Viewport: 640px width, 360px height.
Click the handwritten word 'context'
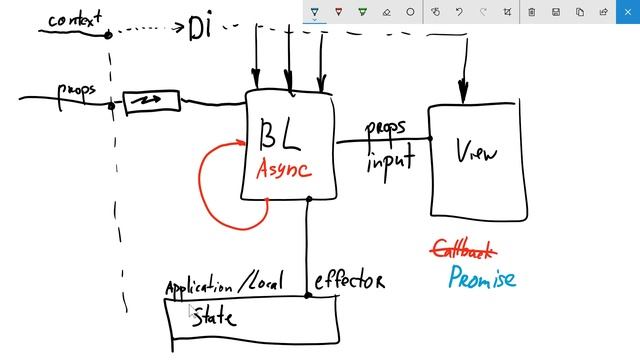click(x=75, y=19)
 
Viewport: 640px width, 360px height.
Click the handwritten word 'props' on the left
click(x=77, y=89)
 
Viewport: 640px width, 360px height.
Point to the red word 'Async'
click(x=284, y=168)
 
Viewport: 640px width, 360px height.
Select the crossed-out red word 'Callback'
click(x=463, y=249)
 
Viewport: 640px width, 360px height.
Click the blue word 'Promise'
click(x=481, y=277)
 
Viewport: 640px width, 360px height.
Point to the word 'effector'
click(x=349, y=281)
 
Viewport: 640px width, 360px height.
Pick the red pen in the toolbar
click(x=339, y=12)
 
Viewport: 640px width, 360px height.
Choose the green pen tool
click(x=363, y=12)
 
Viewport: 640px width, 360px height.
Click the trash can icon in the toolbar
click(x=531, y=12)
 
